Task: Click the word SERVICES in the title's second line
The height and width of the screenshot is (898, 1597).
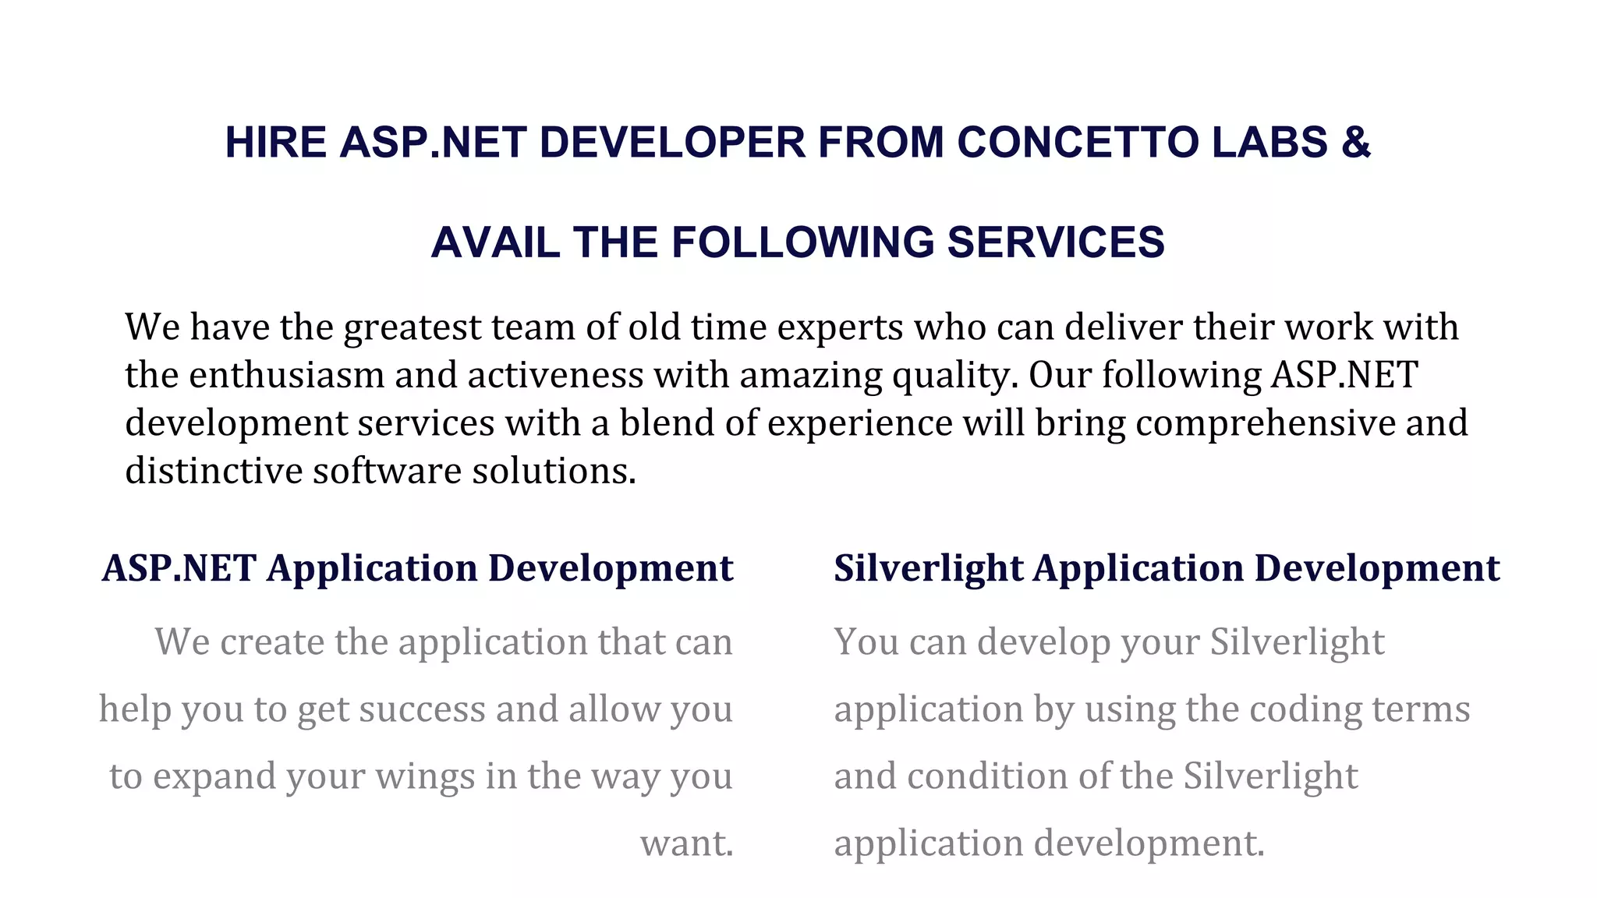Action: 1056,242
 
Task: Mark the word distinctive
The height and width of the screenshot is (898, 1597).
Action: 214,471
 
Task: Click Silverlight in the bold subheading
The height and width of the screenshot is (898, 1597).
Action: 928,568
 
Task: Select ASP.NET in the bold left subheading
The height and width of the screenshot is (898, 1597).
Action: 179,568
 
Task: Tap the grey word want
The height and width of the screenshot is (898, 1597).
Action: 686,843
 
